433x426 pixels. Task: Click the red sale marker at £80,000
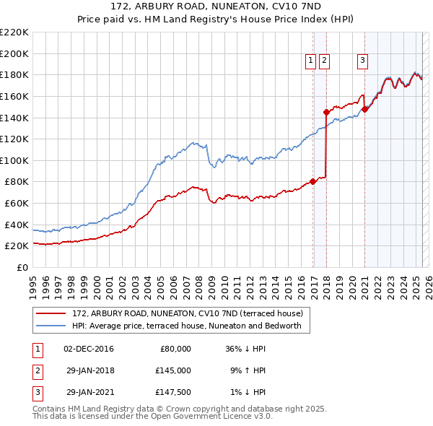click(312, 181)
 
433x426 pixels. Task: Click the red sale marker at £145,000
click(326, 112)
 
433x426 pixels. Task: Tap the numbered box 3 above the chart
click(362, 61)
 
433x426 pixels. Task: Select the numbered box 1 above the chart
click(310, 61)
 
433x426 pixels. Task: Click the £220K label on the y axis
click(15, 32)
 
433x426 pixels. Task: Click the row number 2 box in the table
click(36, 371)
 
